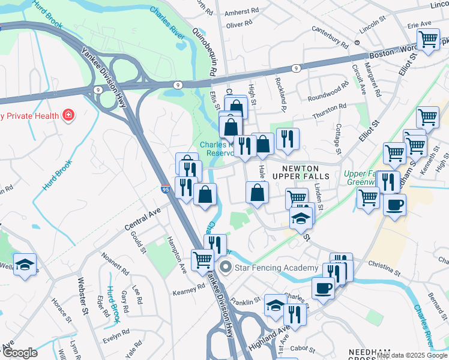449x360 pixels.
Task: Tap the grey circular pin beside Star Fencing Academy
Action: (x=226, y=267)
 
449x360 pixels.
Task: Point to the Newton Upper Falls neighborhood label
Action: (x=301, y=171)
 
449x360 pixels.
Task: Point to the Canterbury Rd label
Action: (x=331, y=40)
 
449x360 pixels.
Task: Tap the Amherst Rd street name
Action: (x=242, y=11)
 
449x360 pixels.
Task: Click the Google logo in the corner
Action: (x=20, y=353)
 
